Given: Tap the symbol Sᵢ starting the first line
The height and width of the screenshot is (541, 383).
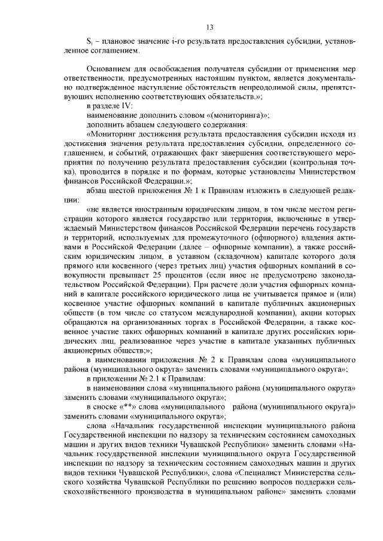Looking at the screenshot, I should [x=90, y=41].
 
